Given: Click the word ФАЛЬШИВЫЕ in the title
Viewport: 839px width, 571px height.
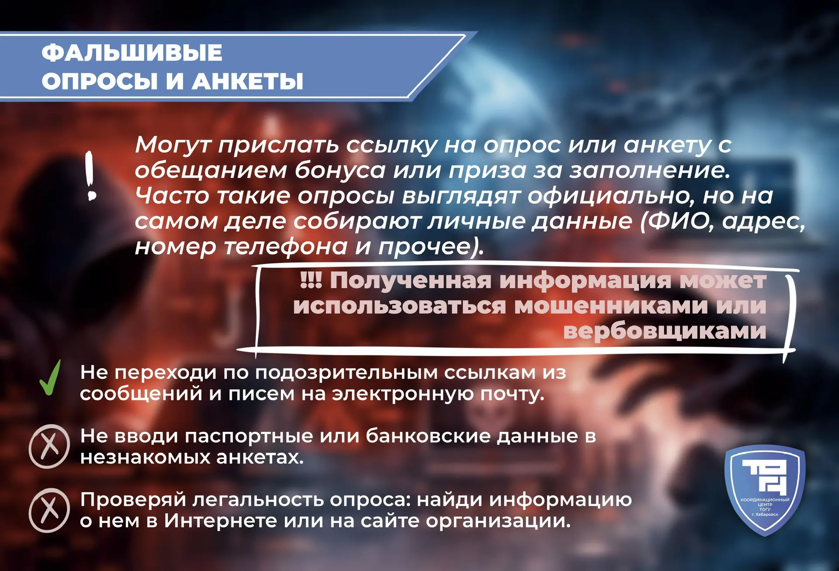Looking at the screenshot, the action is click(x=132, y=52).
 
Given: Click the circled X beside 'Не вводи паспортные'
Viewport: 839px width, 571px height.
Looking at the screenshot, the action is click(x=49, y=446).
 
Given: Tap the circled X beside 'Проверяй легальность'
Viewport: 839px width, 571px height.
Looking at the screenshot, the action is click(x=49, y=510).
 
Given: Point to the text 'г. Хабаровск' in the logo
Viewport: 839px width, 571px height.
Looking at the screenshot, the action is click(x=765, y=515).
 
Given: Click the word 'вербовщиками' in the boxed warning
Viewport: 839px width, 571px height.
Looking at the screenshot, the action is click(x=665, y=331).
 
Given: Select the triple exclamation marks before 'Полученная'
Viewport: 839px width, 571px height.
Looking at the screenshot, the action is click(x=311, y=280).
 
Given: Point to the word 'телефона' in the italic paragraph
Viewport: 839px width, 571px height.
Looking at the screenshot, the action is click(x=286, y=247).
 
